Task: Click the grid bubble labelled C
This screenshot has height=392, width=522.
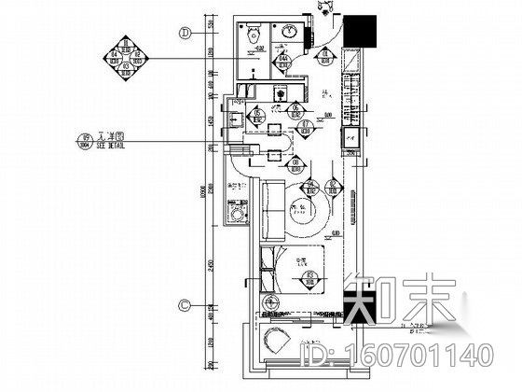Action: [x=185, y=304]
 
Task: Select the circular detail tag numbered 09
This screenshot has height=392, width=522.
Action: [x=82, y=142]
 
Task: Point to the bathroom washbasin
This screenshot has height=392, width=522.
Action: [x=292, y=33]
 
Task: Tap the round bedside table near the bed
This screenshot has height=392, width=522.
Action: [x=272, y=301]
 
